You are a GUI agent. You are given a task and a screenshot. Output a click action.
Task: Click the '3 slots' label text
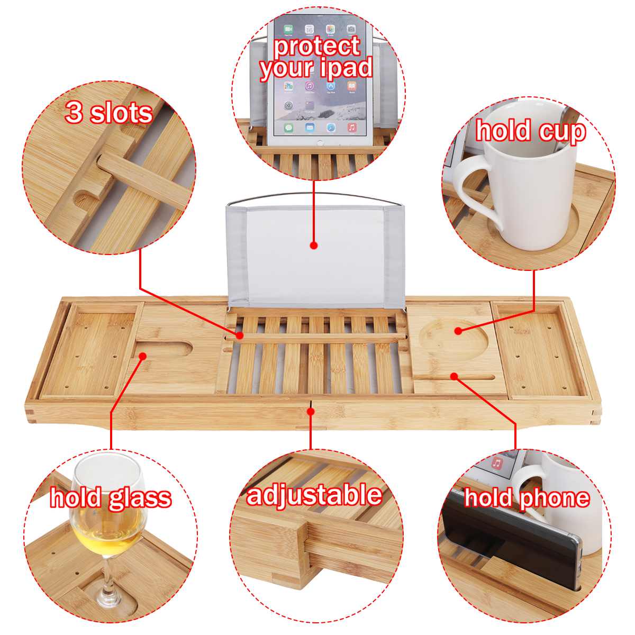(108, 113)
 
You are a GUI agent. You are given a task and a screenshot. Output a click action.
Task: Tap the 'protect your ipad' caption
(316, 57)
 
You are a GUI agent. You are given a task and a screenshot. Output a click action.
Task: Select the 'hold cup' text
(530, 130)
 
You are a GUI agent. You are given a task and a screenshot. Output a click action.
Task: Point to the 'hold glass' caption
(111, 497)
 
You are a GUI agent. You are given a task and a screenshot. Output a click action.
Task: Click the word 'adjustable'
(314, 495)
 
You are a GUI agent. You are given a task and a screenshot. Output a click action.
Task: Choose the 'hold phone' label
(527, 497)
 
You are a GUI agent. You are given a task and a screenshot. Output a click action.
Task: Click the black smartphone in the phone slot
(508, 545)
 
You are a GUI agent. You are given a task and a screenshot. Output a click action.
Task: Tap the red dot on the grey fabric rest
(313, 246)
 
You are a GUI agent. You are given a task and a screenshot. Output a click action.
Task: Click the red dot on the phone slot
(453, 376)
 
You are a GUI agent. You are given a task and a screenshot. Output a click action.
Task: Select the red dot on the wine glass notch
(142, 356)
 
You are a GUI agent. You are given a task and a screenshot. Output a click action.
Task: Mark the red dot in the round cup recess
(458, 331)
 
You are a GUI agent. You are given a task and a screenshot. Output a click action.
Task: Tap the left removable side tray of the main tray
(90, 349)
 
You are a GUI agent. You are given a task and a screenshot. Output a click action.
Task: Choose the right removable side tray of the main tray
(540, 349)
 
